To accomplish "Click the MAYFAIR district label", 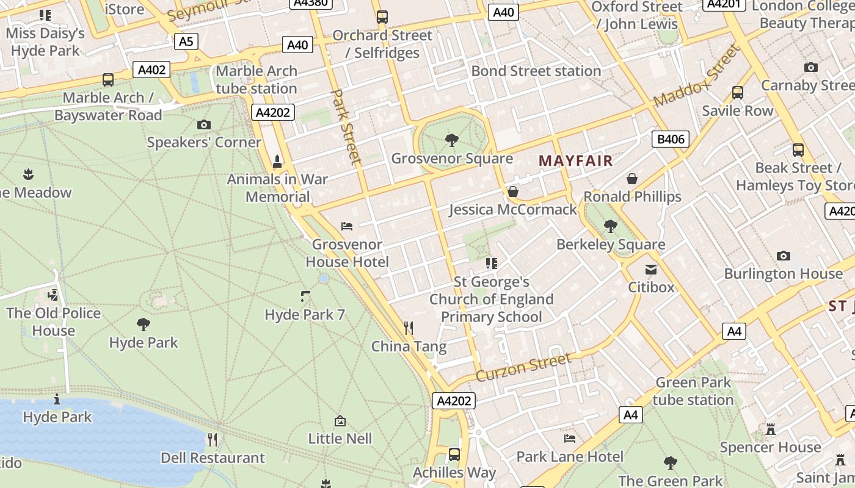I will pos(575,161).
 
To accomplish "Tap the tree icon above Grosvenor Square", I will pos(452,141).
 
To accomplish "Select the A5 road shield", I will pos(186,41).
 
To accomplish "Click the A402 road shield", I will pos(151,70).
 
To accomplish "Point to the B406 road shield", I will pos(671,139).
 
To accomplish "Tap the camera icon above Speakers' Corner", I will pos(204,125).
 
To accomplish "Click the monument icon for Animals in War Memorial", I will pos(277,162).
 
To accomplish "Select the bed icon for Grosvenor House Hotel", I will pos(347,226).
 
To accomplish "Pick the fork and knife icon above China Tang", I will pos(409,328).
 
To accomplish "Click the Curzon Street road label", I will pos(524,367).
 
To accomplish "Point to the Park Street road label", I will pos(346,126).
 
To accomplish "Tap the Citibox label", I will pos(652,287).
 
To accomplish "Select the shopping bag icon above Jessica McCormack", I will pos(513,192).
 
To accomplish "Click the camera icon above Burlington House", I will pos(783,256).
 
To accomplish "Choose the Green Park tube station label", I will pos(693,391).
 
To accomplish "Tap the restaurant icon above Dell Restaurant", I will pos(213,439).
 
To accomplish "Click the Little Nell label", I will pos(340,438).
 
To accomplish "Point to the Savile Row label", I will pos(737,110).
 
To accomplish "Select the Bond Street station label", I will pos(536,71).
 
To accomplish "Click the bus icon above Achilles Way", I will pos(454,454).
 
